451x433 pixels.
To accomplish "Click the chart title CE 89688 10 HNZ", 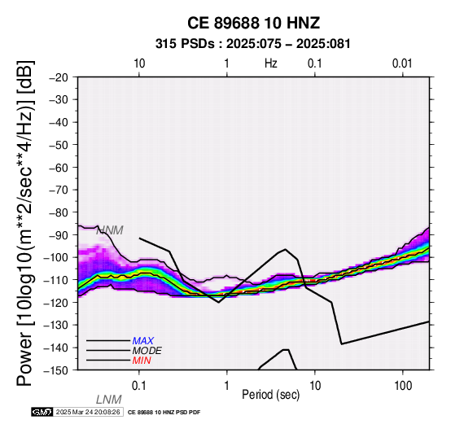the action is [x=253, y=23].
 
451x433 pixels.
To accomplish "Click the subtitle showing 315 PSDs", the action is [x=253, y=44].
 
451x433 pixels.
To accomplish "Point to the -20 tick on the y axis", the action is [x=59, y=77].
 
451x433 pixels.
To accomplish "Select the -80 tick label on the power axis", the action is [x=59, y=212].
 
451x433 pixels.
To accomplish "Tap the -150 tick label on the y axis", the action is [x=56, y=370].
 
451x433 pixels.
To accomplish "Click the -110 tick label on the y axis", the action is [x=56, y=280].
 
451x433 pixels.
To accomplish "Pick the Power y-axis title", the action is [x=25, y=223].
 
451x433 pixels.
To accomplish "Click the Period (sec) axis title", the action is [x=270, y=395].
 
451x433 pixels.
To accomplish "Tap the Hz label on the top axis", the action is [x=270, y=63].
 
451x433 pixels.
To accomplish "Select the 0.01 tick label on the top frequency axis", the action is [x=402, y=63].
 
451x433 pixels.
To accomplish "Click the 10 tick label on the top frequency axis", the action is [x=139, y=63].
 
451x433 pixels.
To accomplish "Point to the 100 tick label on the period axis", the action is [x=403, y=386].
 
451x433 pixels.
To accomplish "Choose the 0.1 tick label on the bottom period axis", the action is [x=139, y=386].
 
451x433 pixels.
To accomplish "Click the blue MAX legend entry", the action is [x=143, y=341].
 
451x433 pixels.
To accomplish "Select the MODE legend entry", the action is [x=147, y=351].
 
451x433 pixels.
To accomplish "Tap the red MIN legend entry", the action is [x=142, y=361].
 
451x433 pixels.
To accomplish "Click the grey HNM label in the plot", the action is [x=110, y=230].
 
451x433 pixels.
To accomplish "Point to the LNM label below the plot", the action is [x=109, y=400].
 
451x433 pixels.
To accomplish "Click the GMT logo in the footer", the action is [x=42, y=413].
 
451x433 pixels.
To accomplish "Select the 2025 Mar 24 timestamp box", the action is [x=89, y=413].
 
